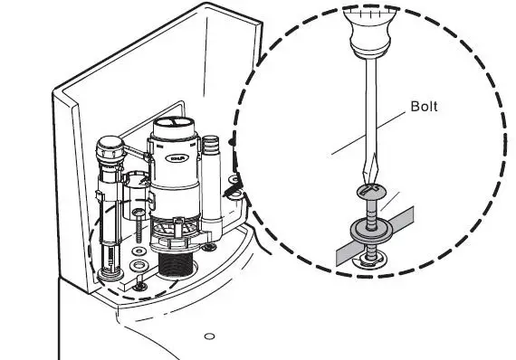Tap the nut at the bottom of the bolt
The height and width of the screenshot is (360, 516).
(x=372, y=261)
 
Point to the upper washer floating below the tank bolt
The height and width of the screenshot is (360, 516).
(x=138, y=250)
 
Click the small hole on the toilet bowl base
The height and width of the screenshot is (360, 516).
(x=209, y=336)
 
